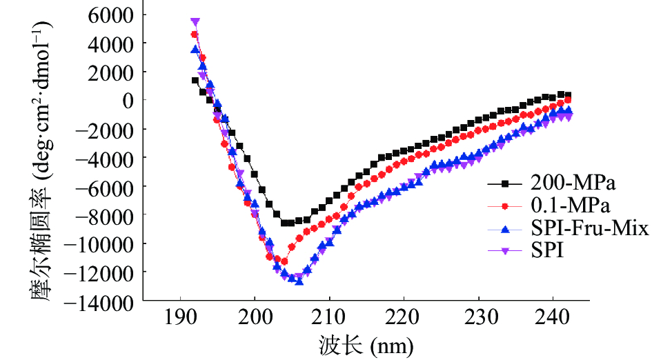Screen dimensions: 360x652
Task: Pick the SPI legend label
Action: [548, 250]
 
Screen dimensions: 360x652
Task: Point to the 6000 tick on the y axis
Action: [117, 14]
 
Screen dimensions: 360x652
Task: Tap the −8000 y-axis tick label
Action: [111, 215]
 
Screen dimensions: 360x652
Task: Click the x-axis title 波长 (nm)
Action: [366, 346]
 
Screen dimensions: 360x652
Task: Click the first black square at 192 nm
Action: [195, 80]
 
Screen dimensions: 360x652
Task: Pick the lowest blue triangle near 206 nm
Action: [299, 281]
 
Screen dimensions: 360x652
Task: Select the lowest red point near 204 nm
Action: [284, 261]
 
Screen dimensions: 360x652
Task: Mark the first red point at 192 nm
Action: [195, 34]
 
